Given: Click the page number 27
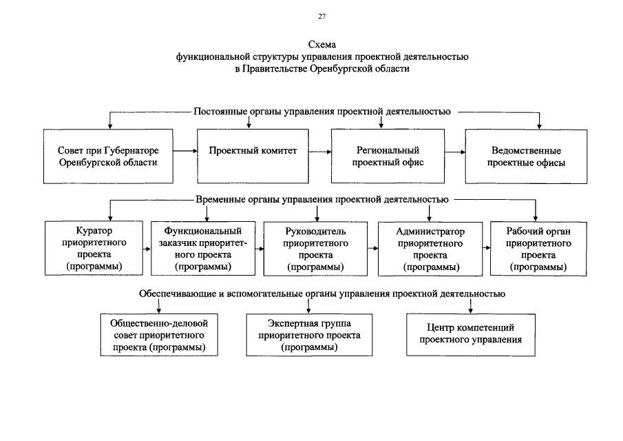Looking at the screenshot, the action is tap(322, 17).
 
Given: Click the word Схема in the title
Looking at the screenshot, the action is tap(322, 45).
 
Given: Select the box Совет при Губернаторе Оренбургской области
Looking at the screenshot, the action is tap(108, 156).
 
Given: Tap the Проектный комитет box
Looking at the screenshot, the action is tap(253, 156).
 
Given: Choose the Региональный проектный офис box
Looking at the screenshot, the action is tap(388, 156).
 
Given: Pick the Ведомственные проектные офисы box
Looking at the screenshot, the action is tap(526, 156).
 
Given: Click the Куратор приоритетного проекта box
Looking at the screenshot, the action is tap(94, 249).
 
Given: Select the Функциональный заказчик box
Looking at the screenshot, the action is tap(203, 249).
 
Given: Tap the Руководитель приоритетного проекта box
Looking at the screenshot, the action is tap(315, 249).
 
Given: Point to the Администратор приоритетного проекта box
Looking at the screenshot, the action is tap(430, 249).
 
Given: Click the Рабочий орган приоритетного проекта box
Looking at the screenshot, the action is tap(538, 249).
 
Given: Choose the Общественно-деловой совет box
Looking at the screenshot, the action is tap(159, 335).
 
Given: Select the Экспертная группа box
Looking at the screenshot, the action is tap(309, 335).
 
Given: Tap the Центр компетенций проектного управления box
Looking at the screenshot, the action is tap(471, 335).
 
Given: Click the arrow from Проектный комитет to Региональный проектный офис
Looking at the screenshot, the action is tap(320, 152).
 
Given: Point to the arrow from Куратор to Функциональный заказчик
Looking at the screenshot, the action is tap(147, 249).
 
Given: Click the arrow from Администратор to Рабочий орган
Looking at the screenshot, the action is tap(486, 248).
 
